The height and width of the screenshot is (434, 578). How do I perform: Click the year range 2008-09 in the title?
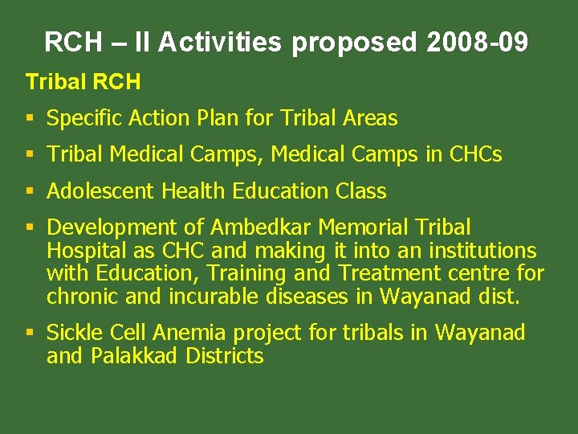[478, 42]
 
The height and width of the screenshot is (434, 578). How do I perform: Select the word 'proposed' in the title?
[354, 42]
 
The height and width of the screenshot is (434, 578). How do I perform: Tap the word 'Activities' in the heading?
[220, 42]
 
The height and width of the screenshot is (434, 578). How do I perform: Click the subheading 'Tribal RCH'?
[83, 82]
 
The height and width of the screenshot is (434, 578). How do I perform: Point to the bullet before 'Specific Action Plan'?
[31, 119]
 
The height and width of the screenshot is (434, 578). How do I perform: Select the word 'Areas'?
[370, 119]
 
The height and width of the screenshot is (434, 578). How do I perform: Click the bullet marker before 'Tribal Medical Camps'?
[31, 154]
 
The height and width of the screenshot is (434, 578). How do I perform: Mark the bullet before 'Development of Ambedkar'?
[31, 228]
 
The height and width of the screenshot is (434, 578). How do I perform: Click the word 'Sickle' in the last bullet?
[75, 333]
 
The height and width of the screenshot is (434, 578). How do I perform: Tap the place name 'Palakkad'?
[133, 356]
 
